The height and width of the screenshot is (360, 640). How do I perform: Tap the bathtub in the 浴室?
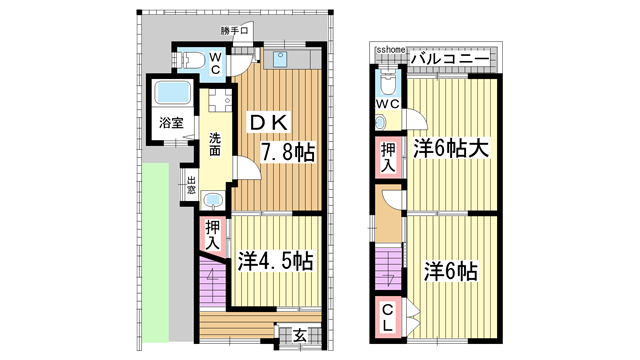tap(171, 96)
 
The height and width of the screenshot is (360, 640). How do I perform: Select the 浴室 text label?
tap(171, 124)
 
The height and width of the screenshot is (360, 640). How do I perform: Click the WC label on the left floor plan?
tap(215, 63)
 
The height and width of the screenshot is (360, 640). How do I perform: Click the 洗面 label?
tap(215, 142)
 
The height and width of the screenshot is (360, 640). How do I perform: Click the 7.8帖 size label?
tap(288, 153)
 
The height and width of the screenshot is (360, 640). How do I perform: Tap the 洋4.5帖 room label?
tap(276, 262)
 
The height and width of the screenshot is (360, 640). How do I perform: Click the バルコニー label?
tap(448, 60)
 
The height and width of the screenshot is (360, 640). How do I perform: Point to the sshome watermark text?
tap(390, 49)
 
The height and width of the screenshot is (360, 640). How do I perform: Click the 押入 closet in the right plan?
tap(387, 157)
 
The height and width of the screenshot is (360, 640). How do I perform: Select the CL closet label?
tap(387, 320)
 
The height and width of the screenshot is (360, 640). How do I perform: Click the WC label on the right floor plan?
tap(387, 103)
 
